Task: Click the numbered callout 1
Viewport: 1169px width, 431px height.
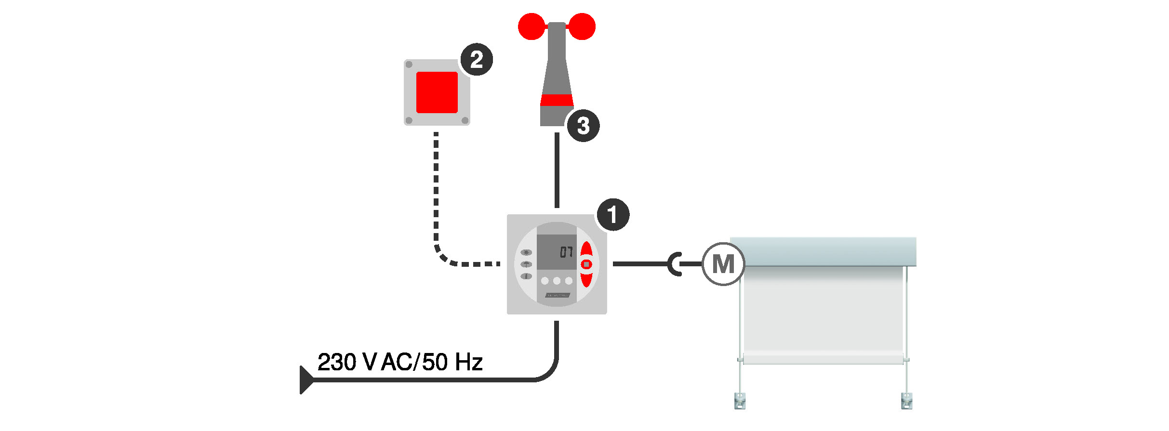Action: click(x=613, y=215)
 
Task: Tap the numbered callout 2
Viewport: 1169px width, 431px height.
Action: click(x=477, y=60)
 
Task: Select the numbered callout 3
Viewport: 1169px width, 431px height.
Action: click(x=583, y=126)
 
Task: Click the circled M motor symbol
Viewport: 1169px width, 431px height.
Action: click(x=723, y=264)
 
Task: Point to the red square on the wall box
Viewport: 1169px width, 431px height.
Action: click(x=437, y=92)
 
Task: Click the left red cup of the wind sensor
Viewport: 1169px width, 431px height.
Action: click(x=531, y=26)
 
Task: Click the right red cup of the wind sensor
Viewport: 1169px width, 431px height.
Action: click(x=583, y=26)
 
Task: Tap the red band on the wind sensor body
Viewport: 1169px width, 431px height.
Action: click(x=557, y=100)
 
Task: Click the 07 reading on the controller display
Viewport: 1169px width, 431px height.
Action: click(x=566, y=252)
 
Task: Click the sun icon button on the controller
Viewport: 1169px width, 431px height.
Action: click(x=526, y=252)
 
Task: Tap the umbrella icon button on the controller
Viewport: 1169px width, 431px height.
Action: click(x=526, y=264)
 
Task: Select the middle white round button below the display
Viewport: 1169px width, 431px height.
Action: click(x=557, y=281)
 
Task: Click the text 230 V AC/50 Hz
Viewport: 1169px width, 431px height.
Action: click(x=400, y=362)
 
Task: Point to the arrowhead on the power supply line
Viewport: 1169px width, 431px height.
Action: click(x=306, y=380)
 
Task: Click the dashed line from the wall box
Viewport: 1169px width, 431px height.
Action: click(x=436, y=193)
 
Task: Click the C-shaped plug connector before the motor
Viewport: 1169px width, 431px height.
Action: click(x=675, y=264)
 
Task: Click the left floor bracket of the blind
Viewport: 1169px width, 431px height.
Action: click(x=740, y=401)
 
